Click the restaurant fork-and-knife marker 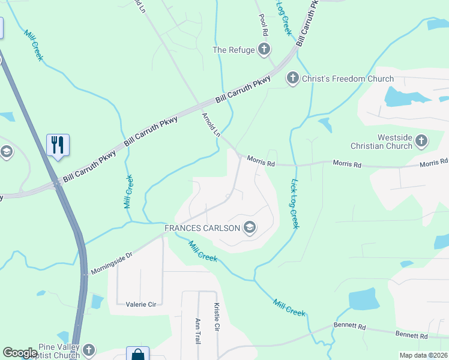pyautogui.click(x=58, y=145)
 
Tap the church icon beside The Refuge pyautogui.click(x=264, y=50)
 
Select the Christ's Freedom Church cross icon pyautogui.click(x=292, y=78)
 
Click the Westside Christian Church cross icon pyautogui.click(x=421, y=142)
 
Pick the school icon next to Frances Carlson pyautogui.click(x=250, y=227)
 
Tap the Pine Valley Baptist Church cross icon pyautogui.click(x=89, y=350)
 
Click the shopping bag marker pyautogui.click(x=137, y=355)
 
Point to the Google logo pyautogui.click(x=20, y=353)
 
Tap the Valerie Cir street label pyautogui.click(x=140, y=304)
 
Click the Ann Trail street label pyautogui.click(x=197, y=331)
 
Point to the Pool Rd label pyautogui.click(x=262, y=25)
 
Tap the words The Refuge pyautogui.click(x=234, y=50)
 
